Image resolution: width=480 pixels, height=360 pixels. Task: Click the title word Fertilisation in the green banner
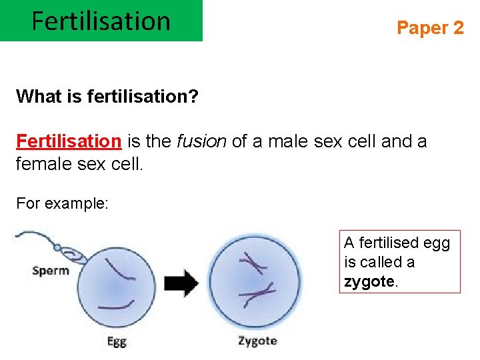coord(101,21)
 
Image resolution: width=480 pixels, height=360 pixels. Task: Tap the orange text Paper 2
coord(430,28)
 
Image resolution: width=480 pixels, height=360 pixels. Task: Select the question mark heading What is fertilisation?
coord(107,97)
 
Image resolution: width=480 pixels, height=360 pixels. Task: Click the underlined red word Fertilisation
coord(68,141)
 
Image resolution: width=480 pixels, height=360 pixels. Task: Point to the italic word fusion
coord(201,141)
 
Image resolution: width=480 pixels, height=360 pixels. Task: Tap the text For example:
coord(62,203)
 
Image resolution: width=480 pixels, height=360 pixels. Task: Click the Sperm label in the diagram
coord(51,271)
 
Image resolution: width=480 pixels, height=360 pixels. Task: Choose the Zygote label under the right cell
coord(257,341)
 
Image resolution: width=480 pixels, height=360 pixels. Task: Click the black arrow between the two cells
coord(181,283)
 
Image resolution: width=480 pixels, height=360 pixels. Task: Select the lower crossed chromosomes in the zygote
coord(259,293)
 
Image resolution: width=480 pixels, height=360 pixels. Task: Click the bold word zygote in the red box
coord(369,282)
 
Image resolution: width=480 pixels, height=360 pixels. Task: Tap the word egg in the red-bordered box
coord(436,243)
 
